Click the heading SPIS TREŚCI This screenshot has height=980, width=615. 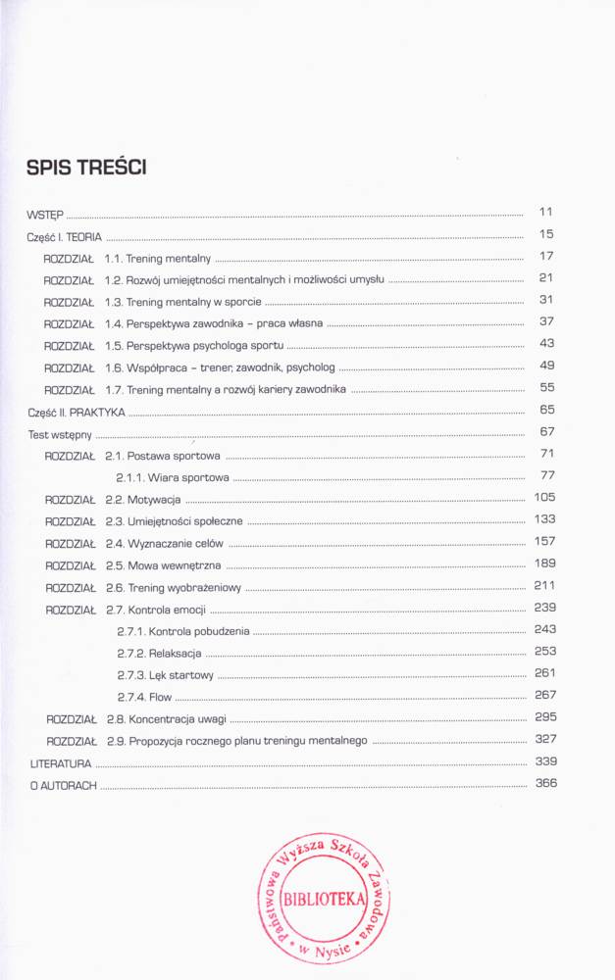[86, 169]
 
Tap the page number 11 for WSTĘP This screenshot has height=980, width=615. [546, 212]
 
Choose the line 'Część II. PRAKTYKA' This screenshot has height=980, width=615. [64, 413]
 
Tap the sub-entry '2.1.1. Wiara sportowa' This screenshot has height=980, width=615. [173, 478]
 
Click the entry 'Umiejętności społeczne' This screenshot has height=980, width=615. [185, 521]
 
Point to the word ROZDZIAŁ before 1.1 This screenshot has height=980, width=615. [68, 259]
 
